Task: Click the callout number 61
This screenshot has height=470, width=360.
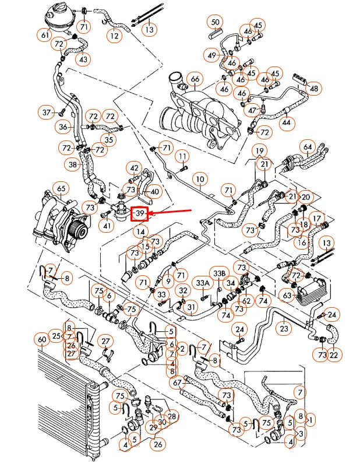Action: click(x=45, y=35)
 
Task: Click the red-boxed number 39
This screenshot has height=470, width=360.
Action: click(x=140, y=215)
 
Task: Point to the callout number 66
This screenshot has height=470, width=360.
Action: click(x=195, y=79)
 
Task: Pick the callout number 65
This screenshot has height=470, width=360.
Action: click(x=60, y=189)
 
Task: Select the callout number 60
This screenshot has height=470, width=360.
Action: click(x=41, y=339)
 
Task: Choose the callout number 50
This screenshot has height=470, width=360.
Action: click(x=216, y=23)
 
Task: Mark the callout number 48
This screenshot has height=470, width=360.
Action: click(x=314, y=89)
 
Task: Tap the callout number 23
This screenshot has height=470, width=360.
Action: click(x=284, y=328)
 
